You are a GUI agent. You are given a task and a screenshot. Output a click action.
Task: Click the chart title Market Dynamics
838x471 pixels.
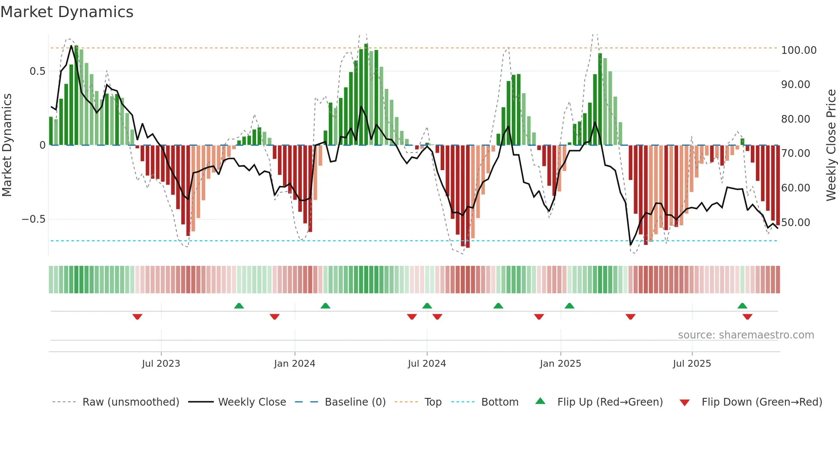pos(67,12)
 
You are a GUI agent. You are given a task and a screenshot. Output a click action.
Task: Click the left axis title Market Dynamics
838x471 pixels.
pos(7,145)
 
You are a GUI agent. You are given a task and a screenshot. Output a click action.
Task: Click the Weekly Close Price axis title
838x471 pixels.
pos(831,145)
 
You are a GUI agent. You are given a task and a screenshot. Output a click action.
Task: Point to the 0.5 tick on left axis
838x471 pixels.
pos(37,71)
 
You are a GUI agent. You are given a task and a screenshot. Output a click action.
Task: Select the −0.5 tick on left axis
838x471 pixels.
pos(33,219)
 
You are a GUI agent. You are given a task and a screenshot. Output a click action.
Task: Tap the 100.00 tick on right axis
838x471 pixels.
pos(798,50)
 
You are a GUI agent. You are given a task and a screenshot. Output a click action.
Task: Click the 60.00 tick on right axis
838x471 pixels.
pos(795,188)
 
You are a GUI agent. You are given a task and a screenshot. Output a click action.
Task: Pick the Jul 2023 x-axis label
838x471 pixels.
pos(161,364)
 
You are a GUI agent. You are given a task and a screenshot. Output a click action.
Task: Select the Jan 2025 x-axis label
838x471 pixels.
pos(560,364)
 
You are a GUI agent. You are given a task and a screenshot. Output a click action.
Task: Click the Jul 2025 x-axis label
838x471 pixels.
pos(692,364)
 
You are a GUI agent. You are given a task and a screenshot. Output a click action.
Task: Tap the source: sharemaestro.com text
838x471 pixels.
pos(746,335)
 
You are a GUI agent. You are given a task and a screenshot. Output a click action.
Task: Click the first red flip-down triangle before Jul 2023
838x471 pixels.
pos(137,317)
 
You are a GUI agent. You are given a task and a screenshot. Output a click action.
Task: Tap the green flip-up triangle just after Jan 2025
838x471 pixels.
pos(569,306)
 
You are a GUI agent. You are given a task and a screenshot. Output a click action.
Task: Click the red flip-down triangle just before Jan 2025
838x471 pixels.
pos(539,317)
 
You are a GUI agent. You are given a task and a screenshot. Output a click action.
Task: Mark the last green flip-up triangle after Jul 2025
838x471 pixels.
pos(742,306)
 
